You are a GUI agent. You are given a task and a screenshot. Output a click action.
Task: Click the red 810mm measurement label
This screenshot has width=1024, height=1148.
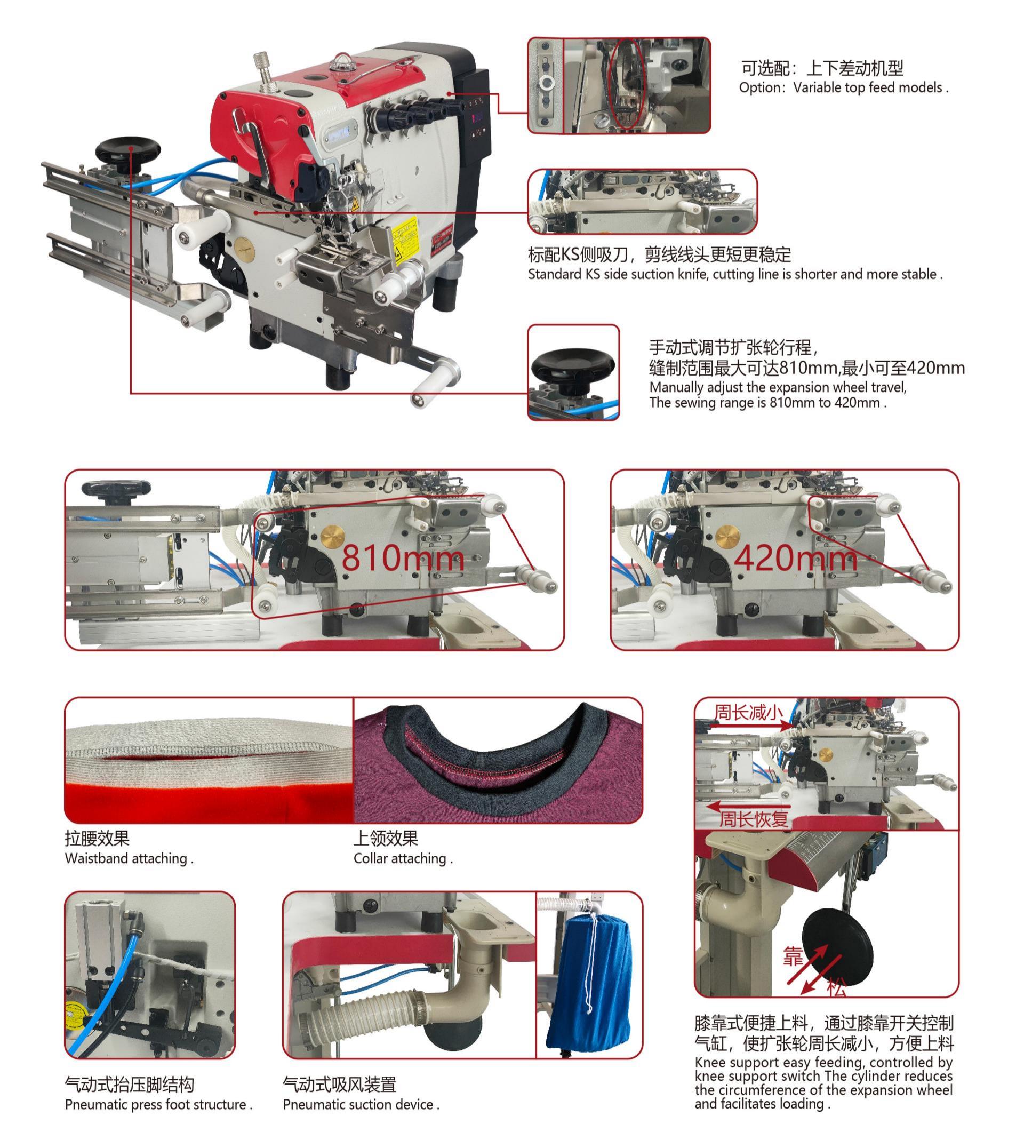[x=403, y=557]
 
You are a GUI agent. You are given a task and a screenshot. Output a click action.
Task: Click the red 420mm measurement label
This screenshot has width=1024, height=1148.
[x=795, y=557]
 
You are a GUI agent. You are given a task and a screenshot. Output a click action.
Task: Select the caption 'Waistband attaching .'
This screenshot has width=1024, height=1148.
[x=129, y=858]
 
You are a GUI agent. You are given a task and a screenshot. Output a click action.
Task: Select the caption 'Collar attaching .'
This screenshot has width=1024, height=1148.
[x=403, y=858]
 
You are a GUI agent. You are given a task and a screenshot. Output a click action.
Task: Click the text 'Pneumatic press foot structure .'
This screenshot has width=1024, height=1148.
[x=158, y=1105]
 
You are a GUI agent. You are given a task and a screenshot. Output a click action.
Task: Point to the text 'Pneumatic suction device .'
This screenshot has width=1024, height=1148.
[x=361, y=1105]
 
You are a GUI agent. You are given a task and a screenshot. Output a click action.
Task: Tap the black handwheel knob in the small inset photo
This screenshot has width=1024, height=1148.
[x=573, y=366]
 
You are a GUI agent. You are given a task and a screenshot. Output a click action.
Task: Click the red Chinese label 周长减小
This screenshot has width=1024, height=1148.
[x=748, y=713]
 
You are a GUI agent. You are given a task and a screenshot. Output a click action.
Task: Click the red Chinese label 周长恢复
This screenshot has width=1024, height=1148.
[x=754, y=819]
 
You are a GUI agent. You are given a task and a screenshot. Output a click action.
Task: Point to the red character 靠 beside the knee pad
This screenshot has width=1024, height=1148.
[x=793, y=956]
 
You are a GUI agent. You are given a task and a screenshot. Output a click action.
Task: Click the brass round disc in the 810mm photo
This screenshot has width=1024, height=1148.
[x=332, y=536]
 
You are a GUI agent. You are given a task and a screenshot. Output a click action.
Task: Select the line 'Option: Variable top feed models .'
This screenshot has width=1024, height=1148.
[x=843, y=88]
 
